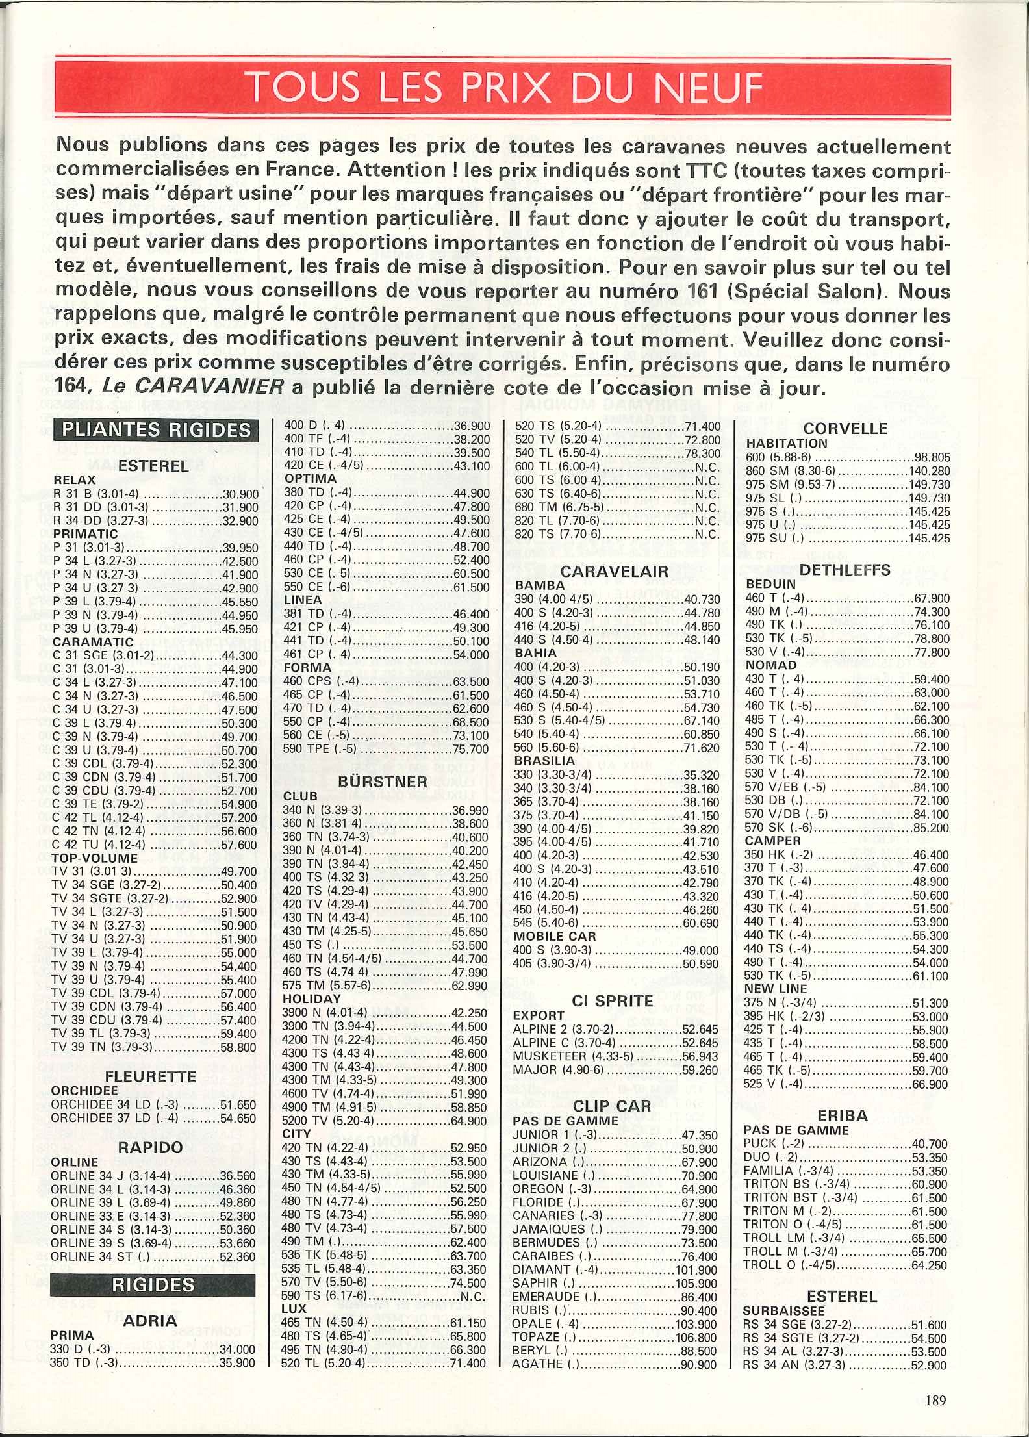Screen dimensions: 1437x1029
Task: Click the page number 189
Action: click(x=935, y=1400)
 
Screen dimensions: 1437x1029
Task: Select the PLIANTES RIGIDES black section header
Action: click(x=156, y=431)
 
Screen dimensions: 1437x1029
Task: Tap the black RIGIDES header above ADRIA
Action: click(x=153, y=1284)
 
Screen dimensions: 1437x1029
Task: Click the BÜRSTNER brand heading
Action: click(x=383, y=782)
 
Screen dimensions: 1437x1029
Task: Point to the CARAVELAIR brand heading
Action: click(x=614, y=572)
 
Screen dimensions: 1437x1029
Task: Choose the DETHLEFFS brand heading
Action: click(x=845, y=570)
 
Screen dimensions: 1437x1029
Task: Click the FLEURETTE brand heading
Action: click(x=151, y=1076)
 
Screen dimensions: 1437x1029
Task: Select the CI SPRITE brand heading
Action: click(x=613, y=1001)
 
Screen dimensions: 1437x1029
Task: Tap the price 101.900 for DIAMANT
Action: click(x=696, y=1270)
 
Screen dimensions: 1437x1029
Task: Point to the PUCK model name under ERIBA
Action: click(x=760, y=1143)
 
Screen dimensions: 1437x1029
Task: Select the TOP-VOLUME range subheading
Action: click(x=95, y=858)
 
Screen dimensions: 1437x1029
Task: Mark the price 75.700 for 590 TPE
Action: click(x=470, y=749)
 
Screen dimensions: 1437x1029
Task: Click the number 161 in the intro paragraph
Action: click(x=697, y=291)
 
